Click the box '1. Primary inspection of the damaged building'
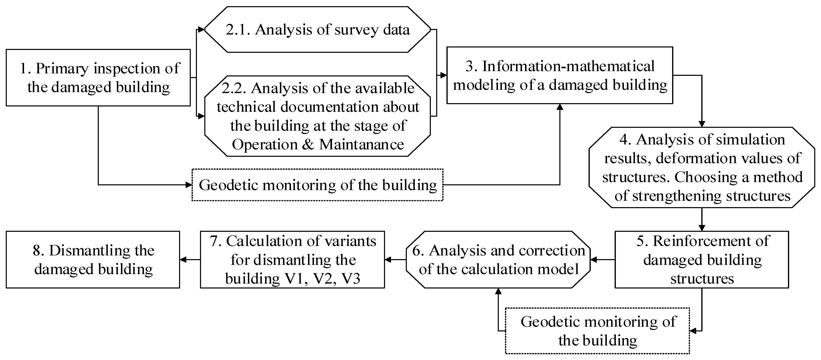(98, 77)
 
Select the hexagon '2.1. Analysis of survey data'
(317, 29)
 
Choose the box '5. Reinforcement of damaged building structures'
(702, 260)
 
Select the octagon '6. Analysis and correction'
(498, 260)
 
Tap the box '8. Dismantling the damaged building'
(93, 260)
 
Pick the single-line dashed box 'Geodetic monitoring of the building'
(317, 185)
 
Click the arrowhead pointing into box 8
(183, 260)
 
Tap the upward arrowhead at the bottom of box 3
(560, 107)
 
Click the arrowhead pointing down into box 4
(702, 124)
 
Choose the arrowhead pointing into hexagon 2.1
(201, 30)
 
